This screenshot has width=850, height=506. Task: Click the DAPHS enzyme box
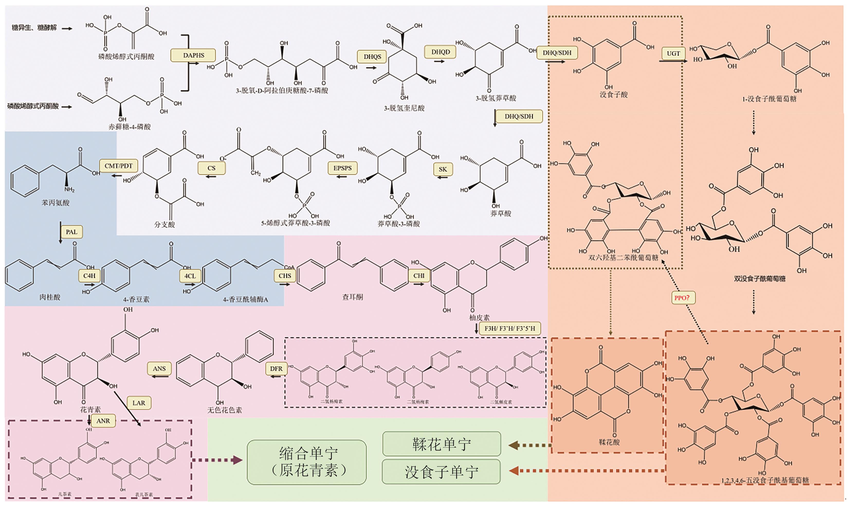pos(193,55)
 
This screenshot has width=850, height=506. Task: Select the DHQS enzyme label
pos(372,57)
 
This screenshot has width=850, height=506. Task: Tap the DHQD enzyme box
pos(440,52)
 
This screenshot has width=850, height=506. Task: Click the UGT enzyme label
pos(673,53)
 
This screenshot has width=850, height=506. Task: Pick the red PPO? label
pos(682,298)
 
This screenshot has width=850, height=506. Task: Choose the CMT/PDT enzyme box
pos(118,166)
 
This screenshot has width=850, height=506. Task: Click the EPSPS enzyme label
pos(342,168)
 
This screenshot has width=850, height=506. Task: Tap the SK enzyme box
pos(442,169)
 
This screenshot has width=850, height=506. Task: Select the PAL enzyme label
pos(71,232)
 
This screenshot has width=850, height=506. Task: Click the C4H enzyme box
pos(89,276)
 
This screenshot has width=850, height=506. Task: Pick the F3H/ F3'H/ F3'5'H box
pos(510,329)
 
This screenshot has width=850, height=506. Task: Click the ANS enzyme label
pos(159,369)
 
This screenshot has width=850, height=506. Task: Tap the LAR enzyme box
pos(139,403)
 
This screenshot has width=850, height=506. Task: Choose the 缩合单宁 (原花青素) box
pos(307,462)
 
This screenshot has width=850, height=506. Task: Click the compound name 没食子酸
pos(614,94)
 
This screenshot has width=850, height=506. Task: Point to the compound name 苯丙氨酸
pos(55,203)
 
